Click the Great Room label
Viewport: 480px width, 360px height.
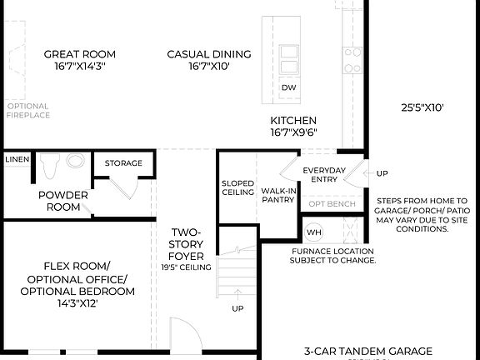point(74,60)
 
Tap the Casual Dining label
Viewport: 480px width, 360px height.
point(197,60)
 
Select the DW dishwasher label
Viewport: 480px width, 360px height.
point(288,87)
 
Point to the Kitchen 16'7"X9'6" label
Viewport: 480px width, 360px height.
point(293,127)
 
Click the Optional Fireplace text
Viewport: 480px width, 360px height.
point(27,111)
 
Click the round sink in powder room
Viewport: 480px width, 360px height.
point(76,161)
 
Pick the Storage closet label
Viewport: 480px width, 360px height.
point(123,163)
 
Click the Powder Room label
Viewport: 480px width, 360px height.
point(62,201)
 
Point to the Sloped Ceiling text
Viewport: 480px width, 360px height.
point(237,187)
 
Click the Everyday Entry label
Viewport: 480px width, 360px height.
point(318,174)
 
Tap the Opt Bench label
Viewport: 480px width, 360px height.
point(332,204)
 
